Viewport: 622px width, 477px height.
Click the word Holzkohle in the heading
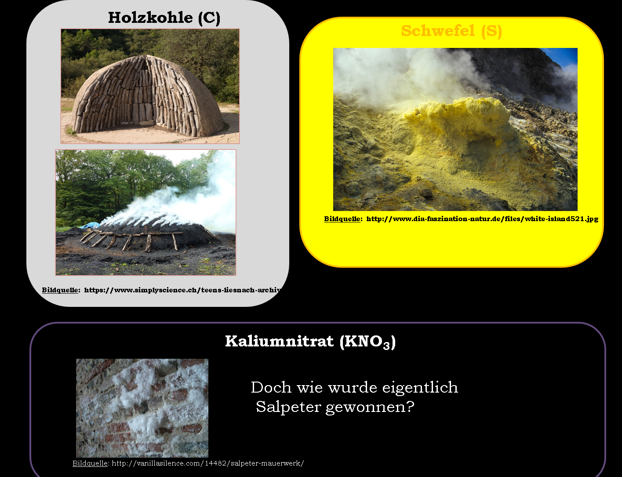(x=151, y=18)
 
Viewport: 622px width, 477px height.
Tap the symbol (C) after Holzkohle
(x=209, y=18)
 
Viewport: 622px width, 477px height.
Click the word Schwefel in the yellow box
(x=438, y=31)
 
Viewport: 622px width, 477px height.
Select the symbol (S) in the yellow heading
(x=491, y=31)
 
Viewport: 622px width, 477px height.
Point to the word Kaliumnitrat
(x=280, y=341)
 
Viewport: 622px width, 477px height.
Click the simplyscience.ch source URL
(x=182, y=290)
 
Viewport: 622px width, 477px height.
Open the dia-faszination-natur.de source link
(x=482, y=219)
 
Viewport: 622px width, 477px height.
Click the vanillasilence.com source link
(x=208, y=463)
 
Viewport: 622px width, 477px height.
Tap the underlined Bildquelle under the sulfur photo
(x=342, y=219)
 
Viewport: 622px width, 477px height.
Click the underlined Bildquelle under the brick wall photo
(x=90, y=463)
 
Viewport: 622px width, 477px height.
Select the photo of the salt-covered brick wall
(x=142, y=408)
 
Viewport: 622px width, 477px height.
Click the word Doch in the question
(x=271, y=387)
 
